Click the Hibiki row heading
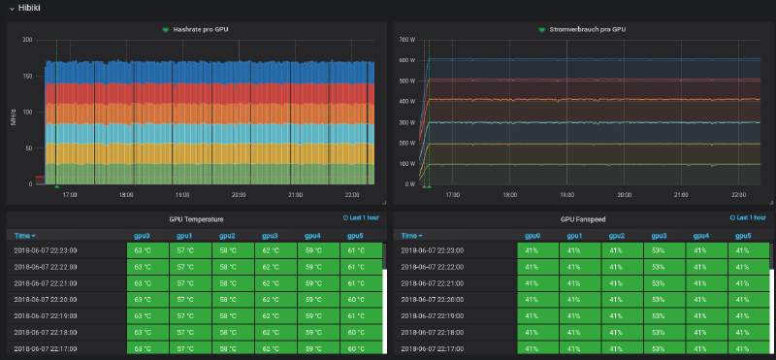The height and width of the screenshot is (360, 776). pos(29,8)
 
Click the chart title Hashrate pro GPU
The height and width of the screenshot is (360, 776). pos(201,30)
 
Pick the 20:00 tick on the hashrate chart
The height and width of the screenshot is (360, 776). pos(239,194)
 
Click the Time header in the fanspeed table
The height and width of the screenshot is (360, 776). pos(410,236)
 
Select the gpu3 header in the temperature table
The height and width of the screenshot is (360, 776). pos(270,236)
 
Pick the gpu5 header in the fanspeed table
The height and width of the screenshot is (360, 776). pos(743,236)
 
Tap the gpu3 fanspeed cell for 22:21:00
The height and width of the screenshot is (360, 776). pos(659,282)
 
